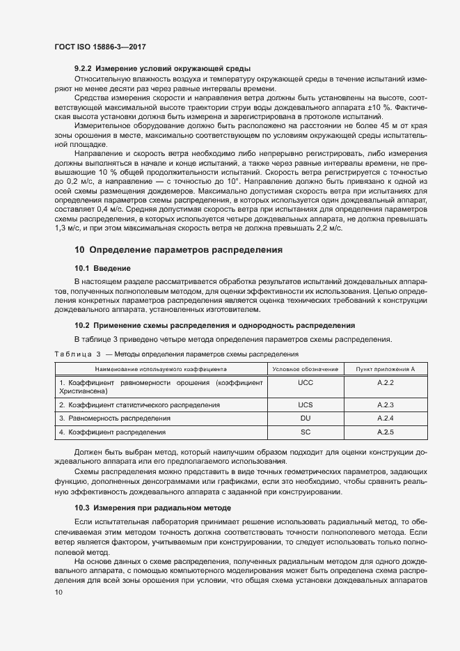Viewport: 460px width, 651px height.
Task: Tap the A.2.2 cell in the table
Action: [386, 383]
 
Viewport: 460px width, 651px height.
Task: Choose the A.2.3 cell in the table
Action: [386, 405]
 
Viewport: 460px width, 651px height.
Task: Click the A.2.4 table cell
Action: [386, 418]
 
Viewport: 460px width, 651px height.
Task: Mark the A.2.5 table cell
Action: [386, 432]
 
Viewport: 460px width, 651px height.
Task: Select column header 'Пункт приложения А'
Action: [386, 368]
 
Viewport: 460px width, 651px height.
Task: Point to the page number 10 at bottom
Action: [58, 593]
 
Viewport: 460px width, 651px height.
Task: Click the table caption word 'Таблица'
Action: [73, 354]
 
